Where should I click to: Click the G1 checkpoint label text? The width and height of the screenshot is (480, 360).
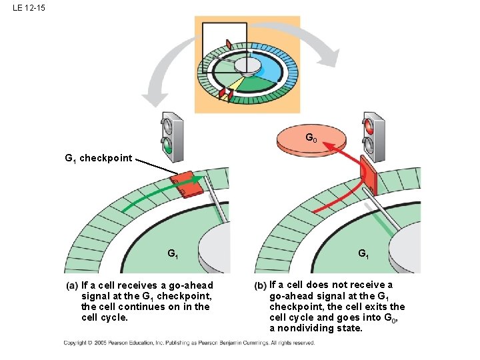[99, 159]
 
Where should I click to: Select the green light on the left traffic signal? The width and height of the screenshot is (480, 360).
[169, 147]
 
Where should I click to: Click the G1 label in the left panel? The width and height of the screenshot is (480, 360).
[173, 253]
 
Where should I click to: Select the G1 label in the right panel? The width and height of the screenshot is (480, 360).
[363, 253]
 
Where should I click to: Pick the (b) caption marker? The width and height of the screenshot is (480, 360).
[261, 285]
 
